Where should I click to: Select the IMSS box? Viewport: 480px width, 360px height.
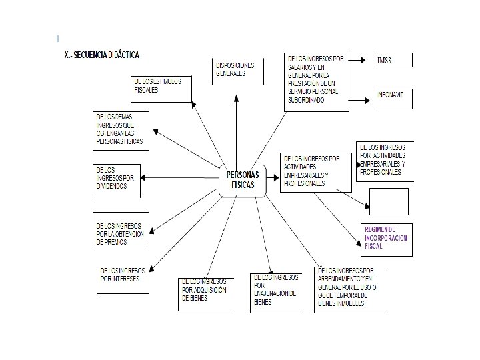pos(393,60)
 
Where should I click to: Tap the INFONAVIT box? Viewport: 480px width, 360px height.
pos(393,98)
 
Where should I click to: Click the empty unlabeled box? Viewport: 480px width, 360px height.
pos(388,201)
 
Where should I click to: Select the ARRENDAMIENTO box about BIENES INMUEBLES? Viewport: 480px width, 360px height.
pos(350,289)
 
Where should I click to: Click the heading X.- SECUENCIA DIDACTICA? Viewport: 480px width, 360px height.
pos(101,54)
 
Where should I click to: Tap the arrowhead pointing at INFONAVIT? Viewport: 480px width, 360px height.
pos(367,101)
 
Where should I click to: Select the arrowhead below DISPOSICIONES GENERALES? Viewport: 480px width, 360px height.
pos(235,98)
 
